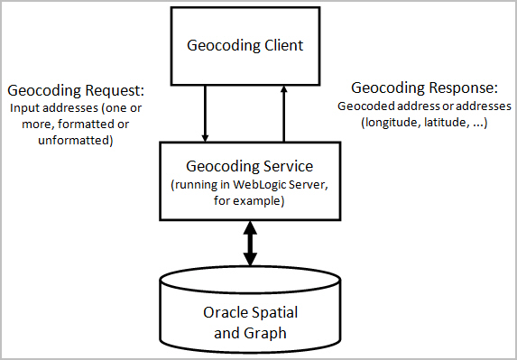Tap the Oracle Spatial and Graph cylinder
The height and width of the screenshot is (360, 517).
coord(250,311)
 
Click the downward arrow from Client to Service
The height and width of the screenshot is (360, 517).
coord(206,113)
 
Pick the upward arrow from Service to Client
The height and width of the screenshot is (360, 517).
coord(283,113)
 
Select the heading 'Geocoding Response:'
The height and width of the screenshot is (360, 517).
coord(423,88)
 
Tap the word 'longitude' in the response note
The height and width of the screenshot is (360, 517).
coord(391,122)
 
